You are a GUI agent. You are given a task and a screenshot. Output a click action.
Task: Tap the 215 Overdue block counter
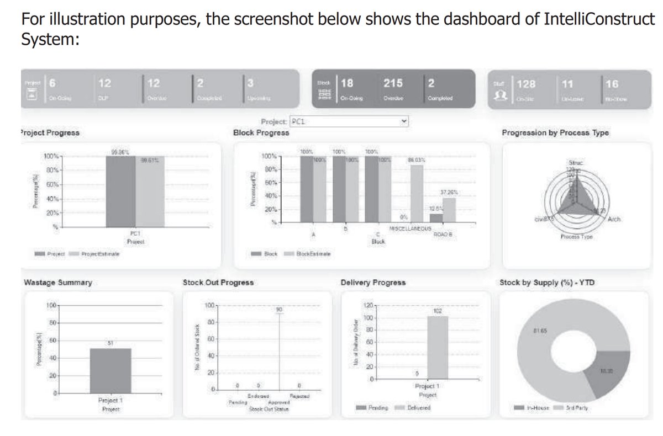393,84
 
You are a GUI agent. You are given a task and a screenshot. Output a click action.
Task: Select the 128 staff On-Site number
525,84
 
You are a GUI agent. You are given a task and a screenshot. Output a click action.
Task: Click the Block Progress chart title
261,132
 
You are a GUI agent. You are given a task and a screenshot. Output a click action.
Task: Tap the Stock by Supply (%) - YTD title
547,282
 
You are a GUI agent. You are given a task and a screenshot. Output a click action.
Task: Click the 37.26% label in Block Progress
449,193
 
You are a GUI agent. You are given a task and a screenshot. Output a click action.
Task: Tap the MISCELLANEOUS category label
410,228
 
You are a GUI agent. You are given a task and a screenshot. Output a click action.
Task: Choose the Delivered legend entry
417,407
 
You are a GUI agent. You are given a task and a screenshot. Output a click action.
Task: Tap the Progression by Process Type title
555,132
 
